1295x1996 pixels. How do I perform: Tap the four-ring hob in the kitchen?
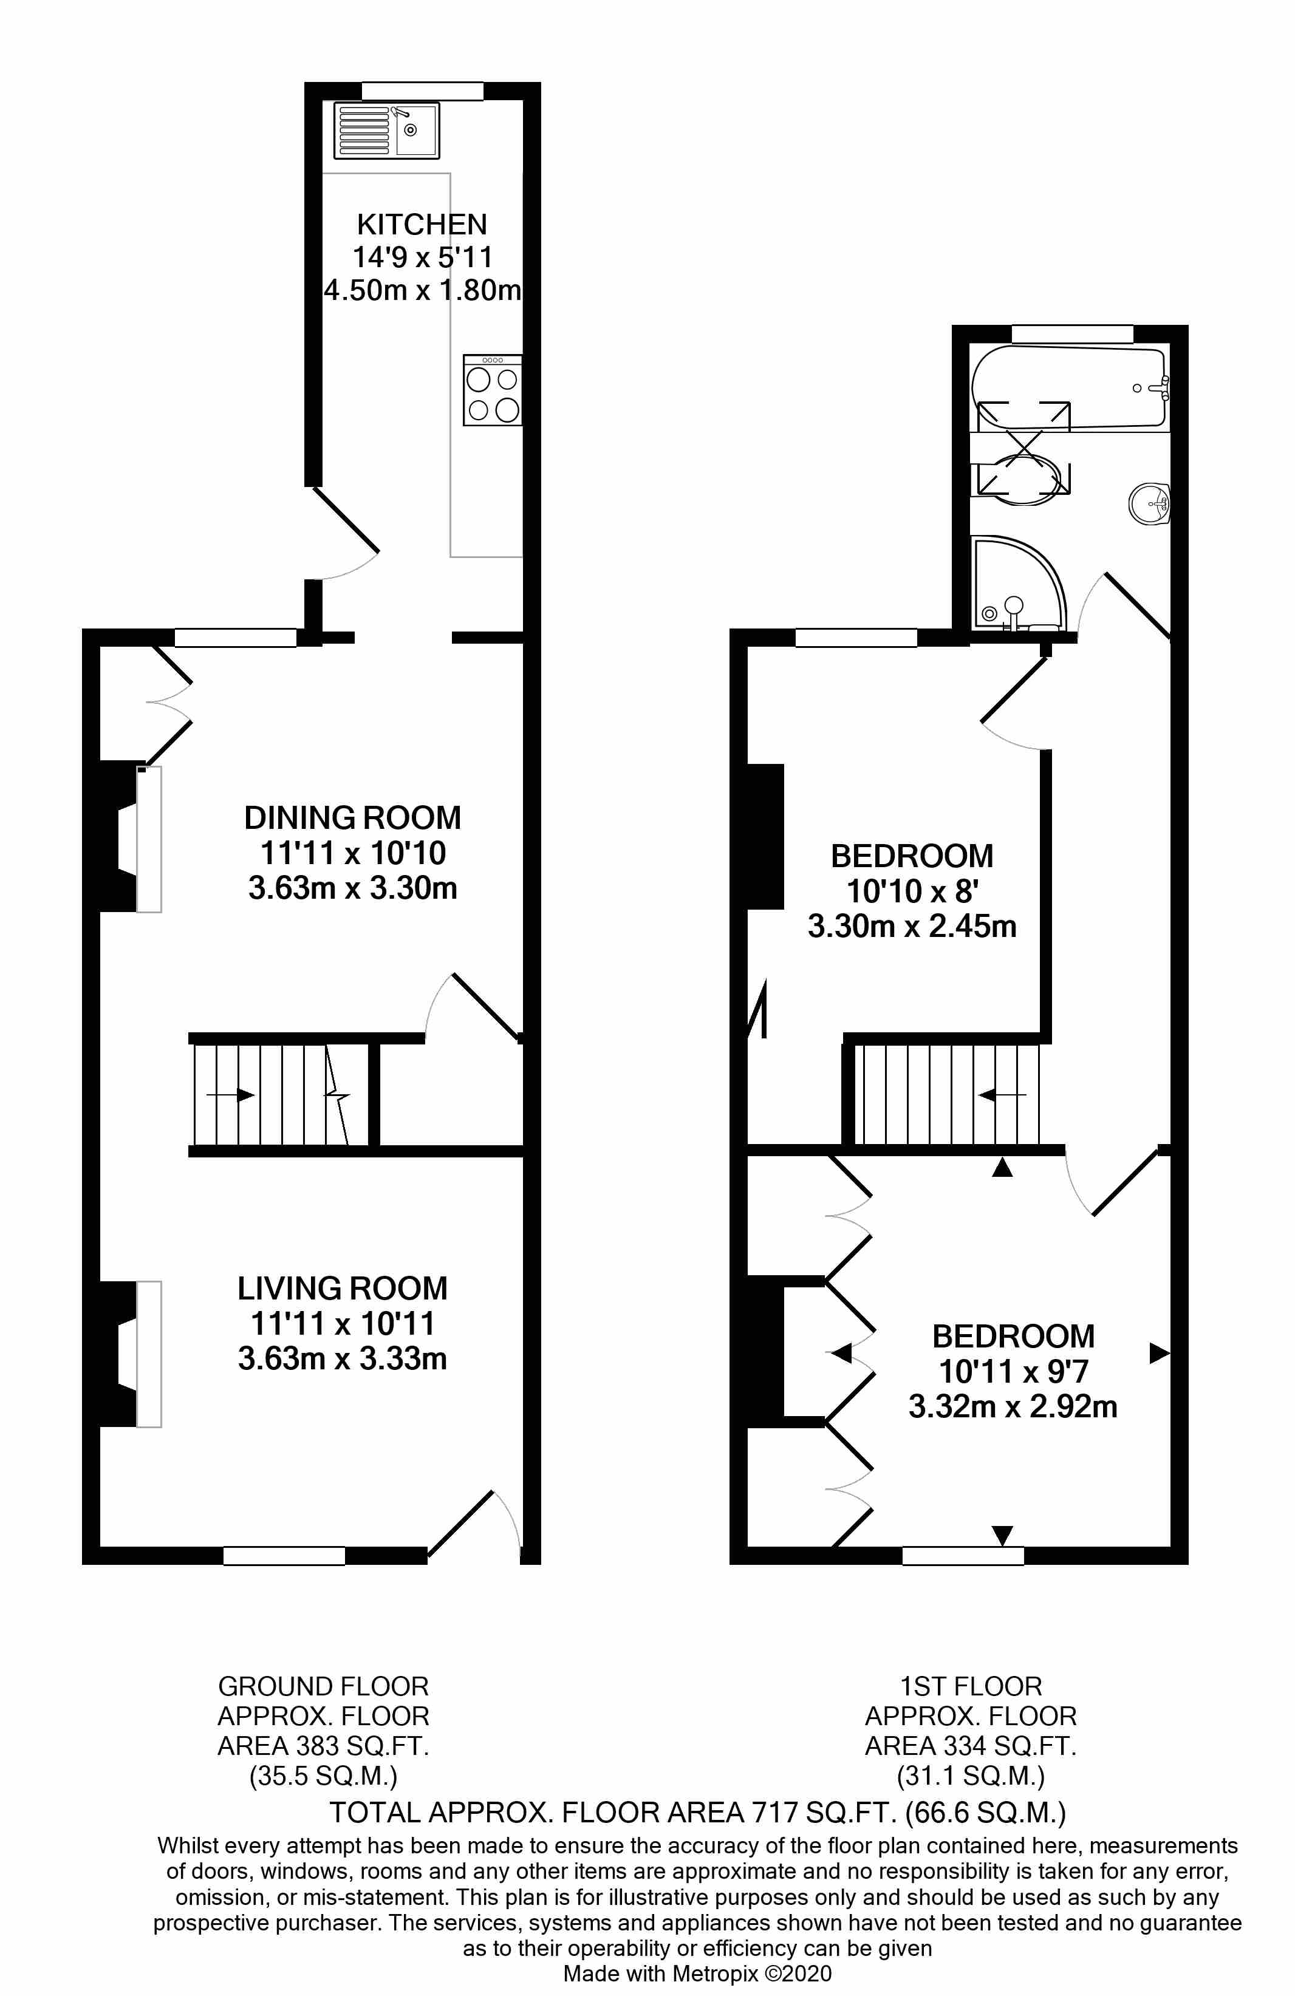tap(493, 391)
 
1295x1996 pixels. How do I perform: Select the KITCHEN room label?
tap(422, 225)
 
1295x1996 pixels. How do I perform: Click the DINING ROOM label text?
tap(352, 818)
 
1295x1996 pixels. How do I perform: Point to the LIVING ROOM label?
tap(342, 1288)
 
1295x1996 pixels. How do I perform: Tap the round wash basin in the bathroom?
tap(1149, 505)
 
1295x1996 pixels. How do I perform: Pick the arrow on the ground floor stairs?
tap(231, 1094)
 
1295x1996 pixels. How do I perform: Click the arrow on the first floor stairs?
tap(1002, 1094)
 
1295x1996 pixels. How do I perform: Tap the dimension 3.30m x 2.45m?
tap(912, 927)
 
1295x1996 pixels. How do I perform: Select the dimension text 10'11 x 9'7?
tap(1013, 1372)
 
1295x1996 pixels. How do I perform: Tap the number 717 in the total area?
tap(775, 1813)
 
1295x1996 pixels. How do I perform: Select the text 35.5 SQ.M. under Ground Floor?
tap(323, 1776)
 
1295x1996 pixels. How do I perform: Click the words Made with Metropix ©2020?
tap(697, 1974)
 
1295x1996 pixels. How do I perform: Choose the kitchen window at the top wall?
tap(422, 90)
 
